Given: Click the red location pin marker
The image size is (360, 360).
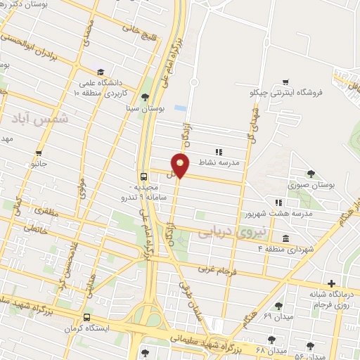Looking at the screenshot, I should click(181, 165).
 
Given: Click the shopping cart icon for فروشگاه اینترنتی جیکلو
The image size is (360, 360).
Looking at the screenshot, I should click(285, 82).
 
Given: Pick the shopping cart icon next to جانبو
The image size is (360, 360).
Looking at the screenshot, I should click(39, 153).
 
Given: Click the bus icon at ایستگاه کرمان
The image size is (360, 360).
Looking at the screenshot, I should click(86, 317).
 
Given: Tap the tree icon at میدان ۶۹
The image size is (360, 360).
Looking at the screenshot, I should click(279, 306).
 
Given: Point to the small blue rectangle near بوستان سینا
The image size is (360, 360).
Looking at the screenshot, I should click(181, 109).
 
